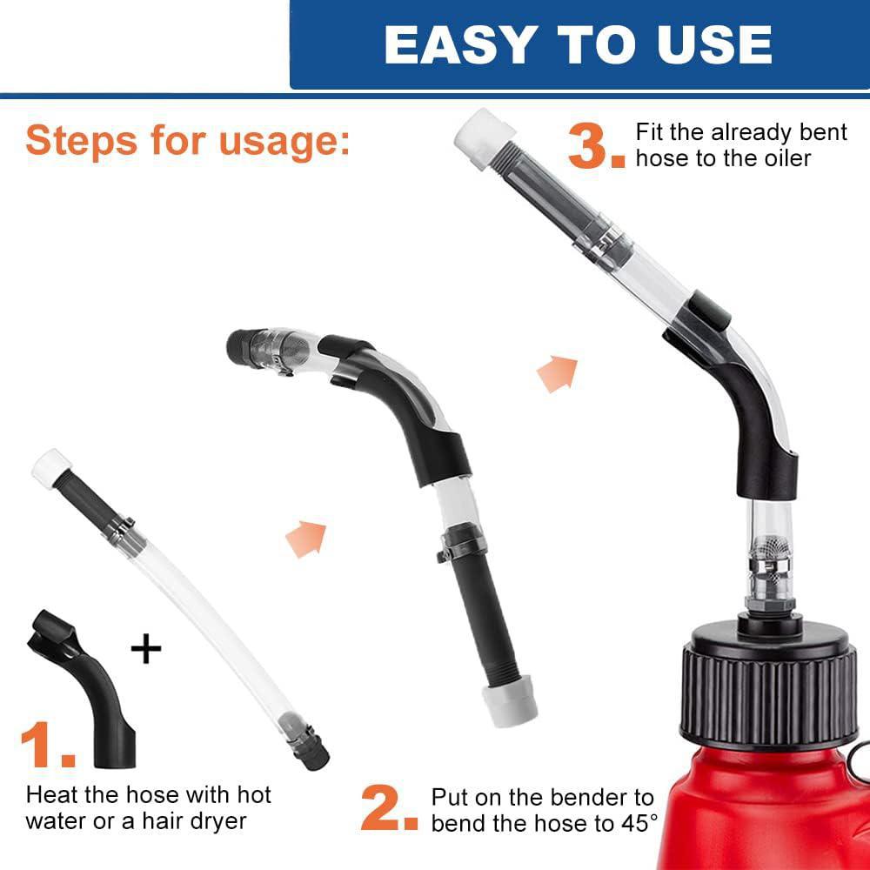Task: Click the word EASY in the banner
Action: point(460,44)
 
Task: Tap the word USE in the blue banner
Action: point(714,44)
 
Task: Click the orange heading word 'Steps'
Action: point(81,142)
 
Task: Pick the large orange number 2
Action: point(388,807)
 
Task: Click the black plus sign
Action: point(146,649)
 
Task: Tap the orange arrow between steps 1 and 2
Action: point(307,539)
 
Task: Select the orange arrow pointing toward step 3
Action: point(558,374)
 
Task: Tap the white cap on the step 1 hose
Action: point(50,467)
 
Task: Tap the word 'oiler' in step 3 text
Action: point(787,158)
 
